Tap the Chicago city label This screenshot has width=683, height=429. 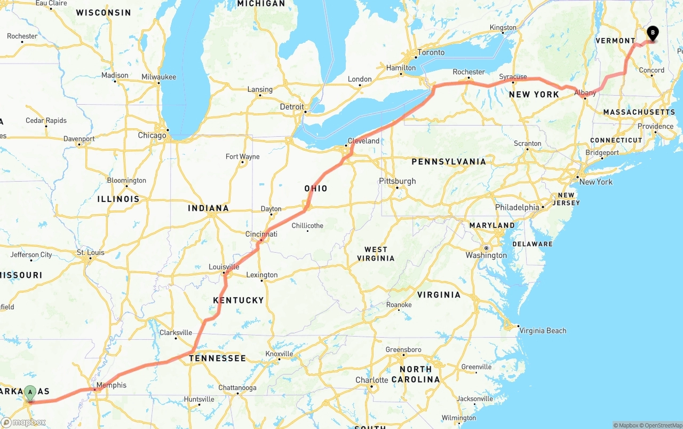click(x=152, y=136)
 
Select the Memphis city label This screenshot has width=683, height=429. click(x=112, y=385)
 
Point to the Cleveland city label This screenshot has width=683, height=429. click(x=363, y=141)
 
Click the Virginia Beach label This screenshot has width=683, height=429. click(x=543, y=331)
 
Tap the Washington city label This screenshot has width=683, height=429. click(x=486, y=255)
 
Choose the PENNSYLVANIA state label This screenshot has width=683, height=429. click(x=449, y=161)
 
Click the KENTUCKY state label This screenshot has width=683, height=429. click(x=239, y=300)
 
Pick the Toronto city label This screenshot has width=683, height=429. click(x=431, y=52)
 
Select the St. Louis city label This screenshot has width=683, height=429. click(x=91, y=252)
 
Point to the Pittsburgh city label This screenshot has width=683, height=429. click(x=397, y=181)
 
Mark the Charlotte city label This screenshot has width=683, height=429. click(x=372, y=380)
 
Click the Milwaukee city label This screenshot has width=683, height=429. click(x=158, y=77)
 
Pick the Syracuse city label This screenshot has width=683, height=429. click(x=513, y=77)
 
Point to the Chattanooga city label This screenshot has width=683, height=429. click(x=237, y=388)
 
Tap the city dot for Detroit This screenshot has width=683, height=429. click(x=305, y=112)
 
